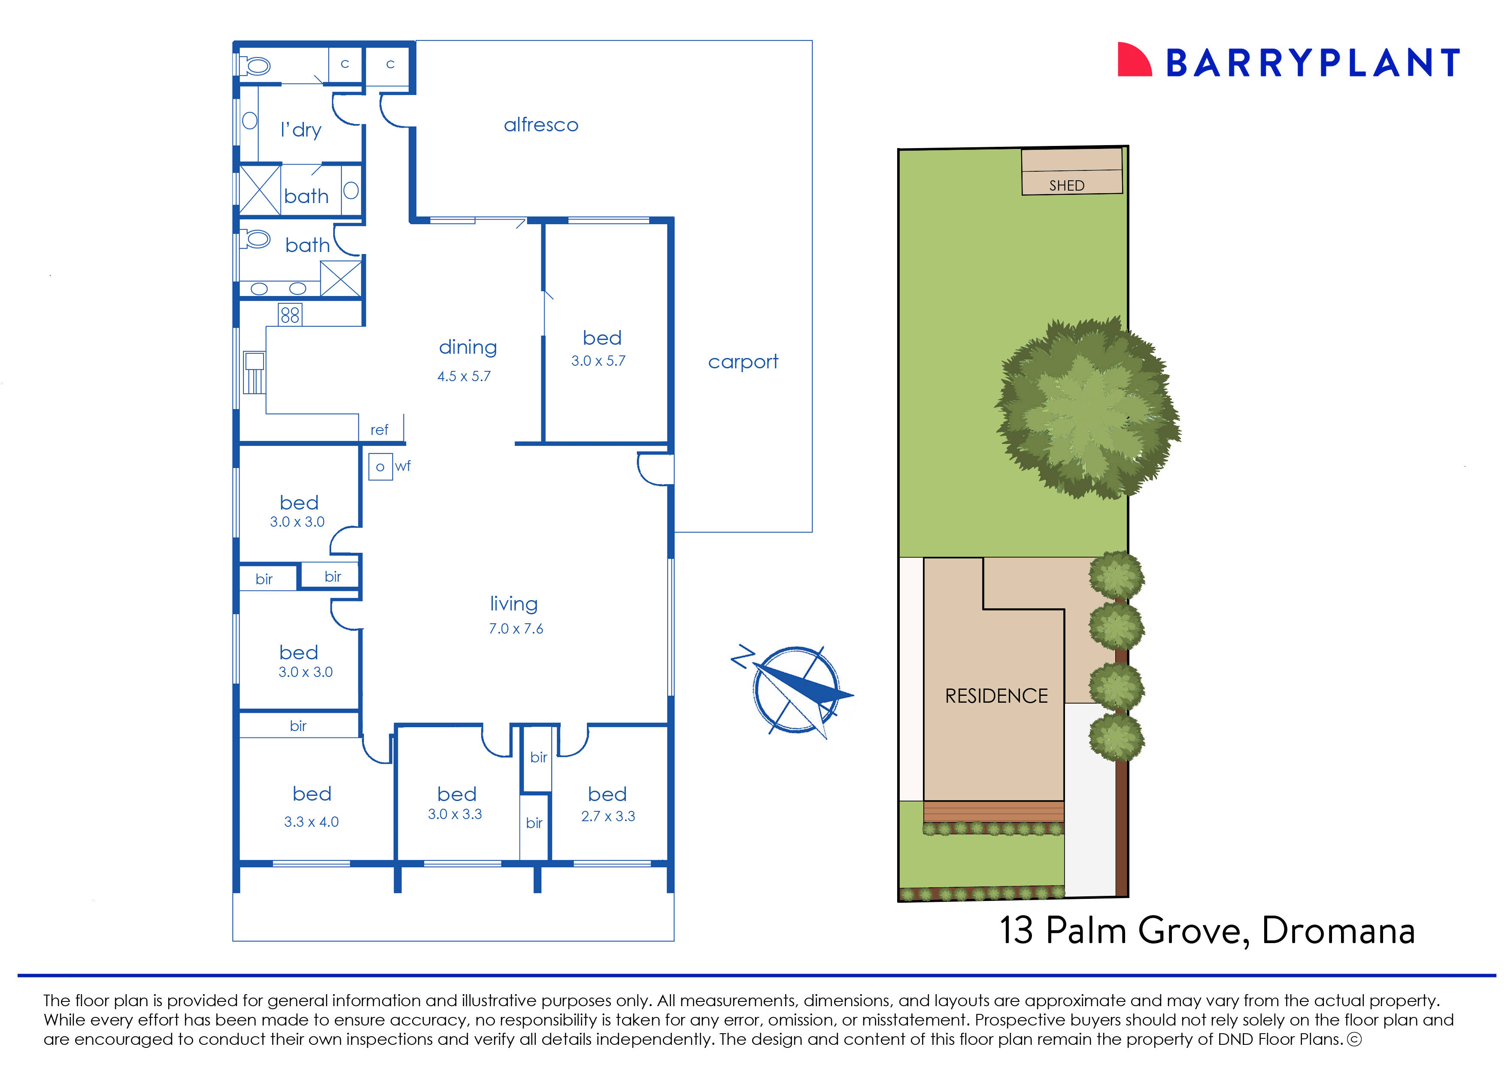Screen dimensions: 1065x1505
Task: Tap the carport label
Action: [x=743, y=361]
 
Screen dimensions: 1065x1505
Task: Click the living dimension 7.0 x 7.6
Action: [x=516, y=629]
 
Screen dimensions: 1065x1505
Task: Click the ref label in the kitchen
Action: [x=379, y=430]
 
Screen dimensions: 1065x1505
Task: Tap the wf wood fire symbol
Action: [x=380, y=467]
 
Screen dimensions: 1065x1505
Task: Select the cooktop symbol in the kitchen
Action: [x=290, y=315]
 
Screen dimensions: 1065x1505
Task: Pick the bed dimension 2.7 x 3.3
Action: [x=608, y=816]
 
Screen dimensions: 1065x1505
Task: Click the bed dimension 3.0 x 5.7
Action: [x=598, y=361]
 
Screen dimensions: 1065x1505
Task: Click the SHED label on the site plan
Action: [x=1067, y=185]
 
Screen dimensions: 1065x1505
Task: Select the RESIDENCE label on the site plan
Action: [x=996, y=696]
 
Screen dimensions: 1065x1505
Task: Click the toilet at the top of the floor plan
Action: [x=256, y=66]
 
